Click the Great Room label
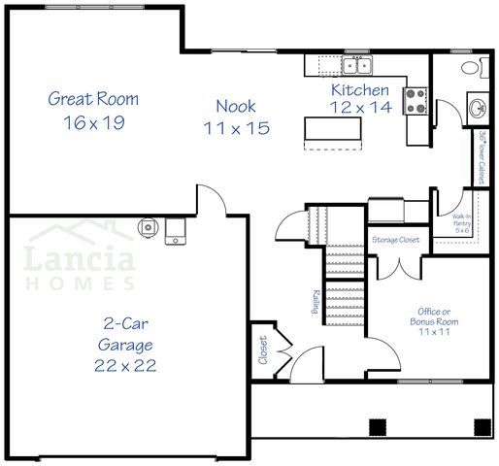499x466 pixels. pyautogui.click(x=93, y=98)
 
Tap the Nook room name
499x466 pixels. pyautogui.click(x=236, y=106)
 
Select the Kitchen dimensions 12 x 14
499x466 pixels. pyautogui.click(x=361, y=108)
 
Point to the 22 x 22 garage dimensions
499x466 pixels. pyautogui.click(x=127, y=365)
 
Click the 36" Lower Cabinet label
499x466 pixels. pyautogui.click(x=482, y=157)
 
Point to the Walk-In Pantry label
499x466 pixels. pyautogui.click(x=462, y=224)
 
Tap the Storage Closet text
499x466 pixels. pyautogui.click(x=396, y=239)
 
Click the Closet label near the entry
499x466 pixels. pyautogui.click(x=262, y=349)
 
